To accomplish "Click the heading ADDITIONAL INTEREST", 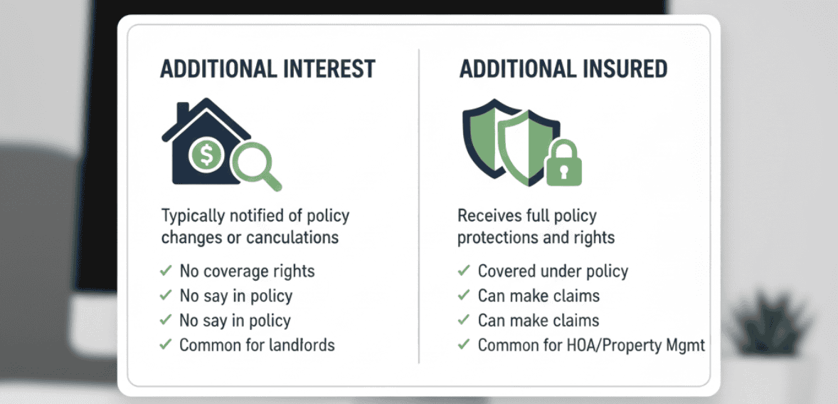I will click(267, 69).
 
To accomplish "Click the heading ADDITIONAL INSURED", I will click(563, 69).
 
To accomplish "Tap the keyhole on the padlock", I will click(563, 172).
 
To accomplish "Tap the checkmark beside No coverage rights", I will click(166, 271).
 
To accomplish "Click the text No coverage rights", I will click(247, 271).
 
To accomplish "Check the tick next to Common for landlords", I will click(166, 345).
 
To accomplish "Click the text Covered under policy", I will click(553, 271).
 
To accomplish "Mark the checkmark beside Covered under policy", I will click(464, 271).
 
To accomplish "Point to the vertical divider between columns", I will click(419, 207).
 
